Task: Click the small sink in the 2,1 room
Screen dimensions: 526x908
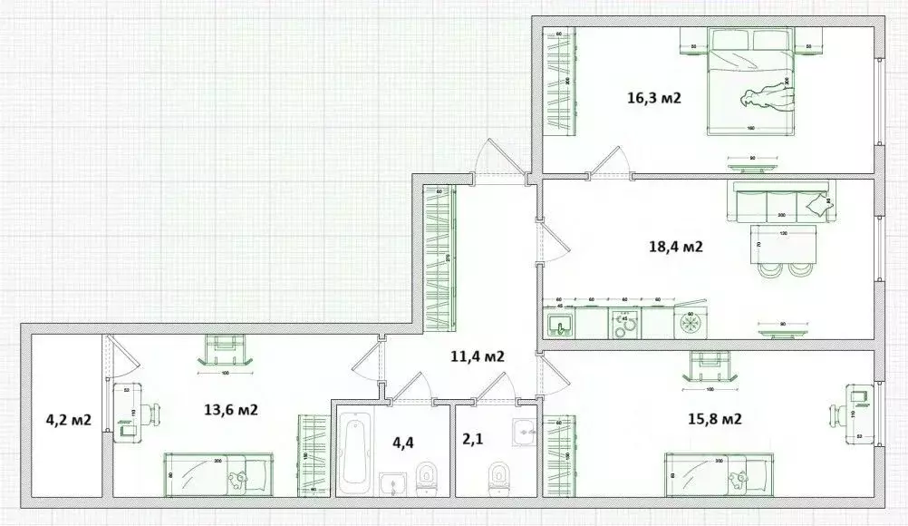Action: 525,431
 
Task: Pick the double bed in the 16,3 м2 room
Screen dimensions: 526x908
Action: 749,82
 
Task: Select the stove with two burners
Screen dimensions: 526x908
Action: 623,324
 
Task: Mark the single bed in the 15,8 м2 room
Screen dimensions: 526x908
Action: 719,473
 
